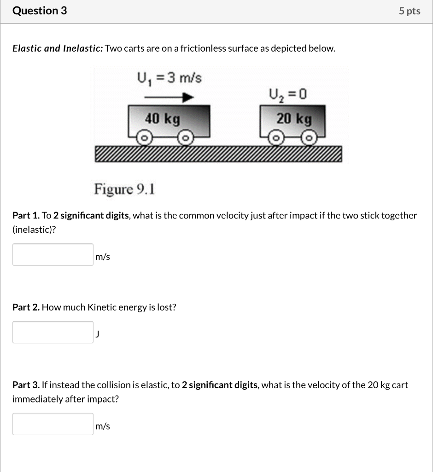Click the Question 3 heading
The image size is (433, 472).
click(x=40, y=11)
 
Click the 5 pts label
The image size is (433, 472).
click(x=410, y=12)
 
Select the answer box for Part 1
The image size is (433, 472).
click(x=53, y=254)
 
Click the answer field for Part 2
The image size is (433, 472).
click(x=53, y=332)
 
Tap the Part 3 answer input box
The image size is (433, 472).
click(x=53, y=424)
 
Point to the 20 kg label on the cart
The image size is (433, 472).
click(x=294, y=119)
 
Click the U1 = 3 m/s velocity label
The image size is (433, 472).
click(x=169, y=78)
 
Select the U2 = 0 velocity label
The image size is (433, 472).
click(x=288, y=95)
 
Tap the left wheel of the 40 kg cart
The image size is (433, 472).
click(x=144, y=138)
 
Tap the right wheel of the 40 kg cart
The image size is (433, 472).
click(x=185, y=138)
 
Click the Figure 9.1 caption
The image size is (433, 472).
click(x=124, y=189)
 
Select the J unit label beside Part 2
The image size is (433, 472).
click(x=97, y=335)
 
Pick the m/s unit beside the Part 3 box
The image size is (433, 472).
click(x=103, y=426)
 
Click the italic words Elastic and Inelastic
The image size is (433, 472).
click(x=58, y=48)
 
